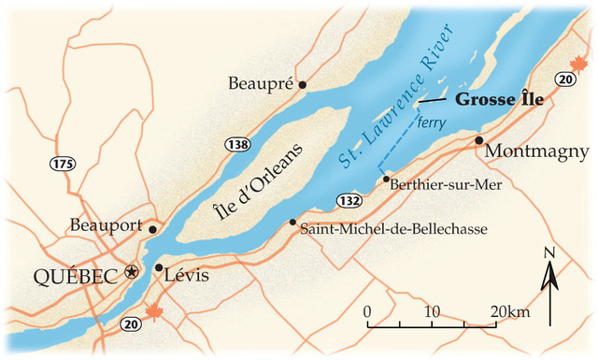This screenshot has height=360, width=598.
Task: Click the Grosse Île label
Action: click(x=498, y=99)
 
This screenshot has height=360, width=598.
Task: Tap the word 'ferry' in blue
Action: click(x=432, y=122)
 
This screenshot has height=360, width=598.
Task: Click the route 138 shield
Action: click(x=236, y=144)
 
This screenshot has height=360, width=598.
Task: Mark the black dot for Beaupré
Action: click(x=302, y=84)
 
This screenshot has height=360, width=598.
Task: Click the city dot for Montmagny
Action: click(x=478, y=140)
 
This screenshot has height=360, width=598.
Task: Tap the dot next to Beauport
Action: click(x=152, y=228)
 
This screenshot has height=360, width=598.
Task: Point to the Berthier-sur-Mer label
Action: click(x=444, y=184)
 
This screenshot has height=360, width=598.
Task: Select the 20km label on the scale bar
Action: click(x=508, y=310)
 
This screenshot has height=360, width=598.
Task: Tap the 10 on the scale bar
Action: click(x=432, y=310)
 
